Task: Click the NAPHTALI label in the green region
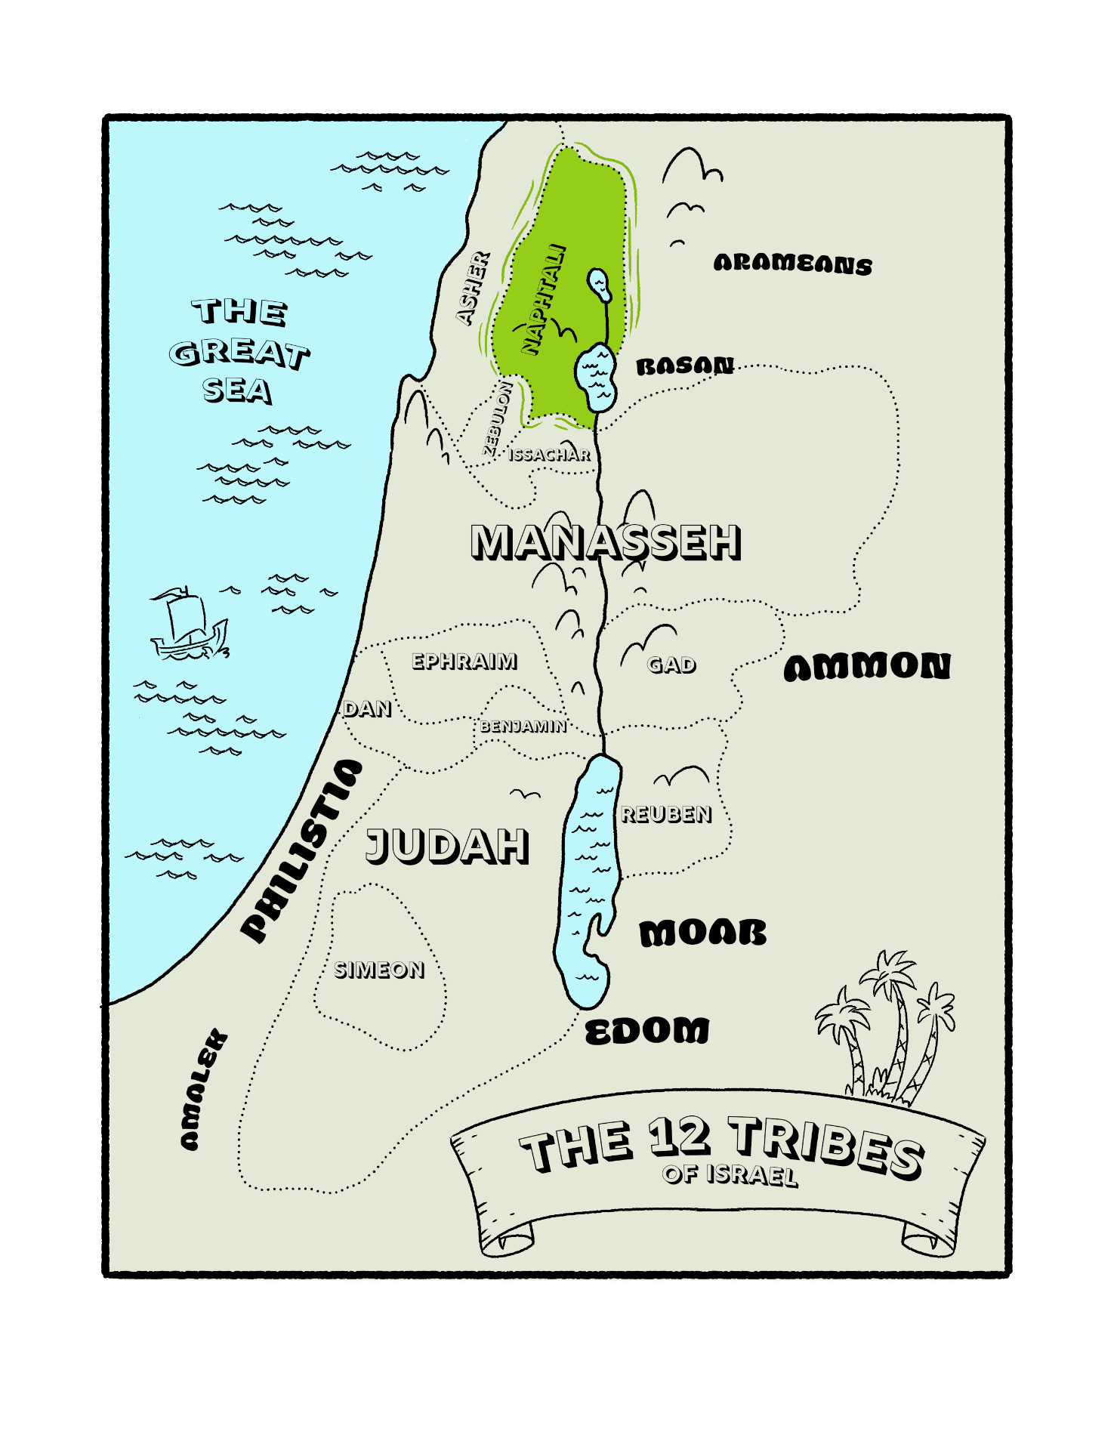pos(545,299)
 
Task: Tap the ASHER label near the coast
pos(474,288)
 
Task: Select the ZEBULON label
pos(498,418)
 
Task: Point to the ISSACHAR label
pos(549,455)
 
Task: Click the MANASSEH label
pos(605,541)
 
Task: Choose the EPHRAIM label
pos(464,662)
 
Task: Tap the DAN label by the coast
pos(367,708)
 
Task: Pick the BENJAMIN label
pos(523,727)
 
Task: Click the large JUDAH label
pos(447,845)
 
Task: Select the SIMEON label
pos(379,970)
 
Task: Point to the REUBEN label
pos(665,814)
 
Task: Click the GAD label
pos(671,665)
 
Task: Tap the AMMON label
pos(867,667)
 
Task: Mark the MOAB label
pos(702,933)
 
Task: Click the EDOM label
pos(647,1031)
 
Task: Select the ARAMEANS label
pos(792,264)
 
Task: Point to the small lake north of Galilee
pos(600,284)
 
